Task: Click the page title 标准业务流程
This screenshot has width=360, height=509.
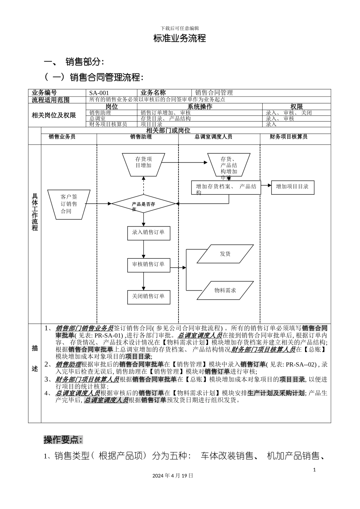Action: (179, 38)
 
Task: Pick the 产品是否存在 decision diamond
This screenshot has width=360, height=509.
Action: (144, 204)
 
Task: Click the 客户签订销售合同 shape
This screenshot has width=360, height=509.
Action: (69, 204)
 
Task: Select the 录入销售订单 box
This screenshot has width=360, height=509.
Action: (148, 233)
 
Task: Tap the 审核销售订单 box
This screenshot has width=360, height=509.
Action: (148, 264)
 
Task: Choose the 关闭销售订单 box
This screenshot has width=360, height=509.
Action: (148, 296)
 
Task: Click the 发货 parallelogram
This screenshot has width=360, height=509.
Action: (225, 254)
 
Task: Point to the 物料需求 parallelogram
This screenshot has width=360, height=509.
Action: (225, 290)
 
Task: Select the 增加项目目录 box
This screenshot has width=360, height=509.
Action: (293, 187)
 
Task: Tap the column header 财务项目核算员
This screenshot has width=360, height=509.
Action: (289, 137)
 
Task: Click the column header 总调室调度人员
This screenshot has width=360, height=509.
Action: (213, 137)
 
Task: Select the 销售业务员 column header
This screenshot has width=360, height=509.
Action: (62, 137)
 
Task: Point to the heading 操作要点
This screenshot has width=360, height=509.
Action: (63, 440)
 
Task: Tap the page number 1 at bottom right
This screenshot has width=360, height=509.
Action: (315, 470)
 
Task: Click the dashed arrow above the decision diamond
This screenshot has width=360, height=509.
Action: (144, 186)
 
